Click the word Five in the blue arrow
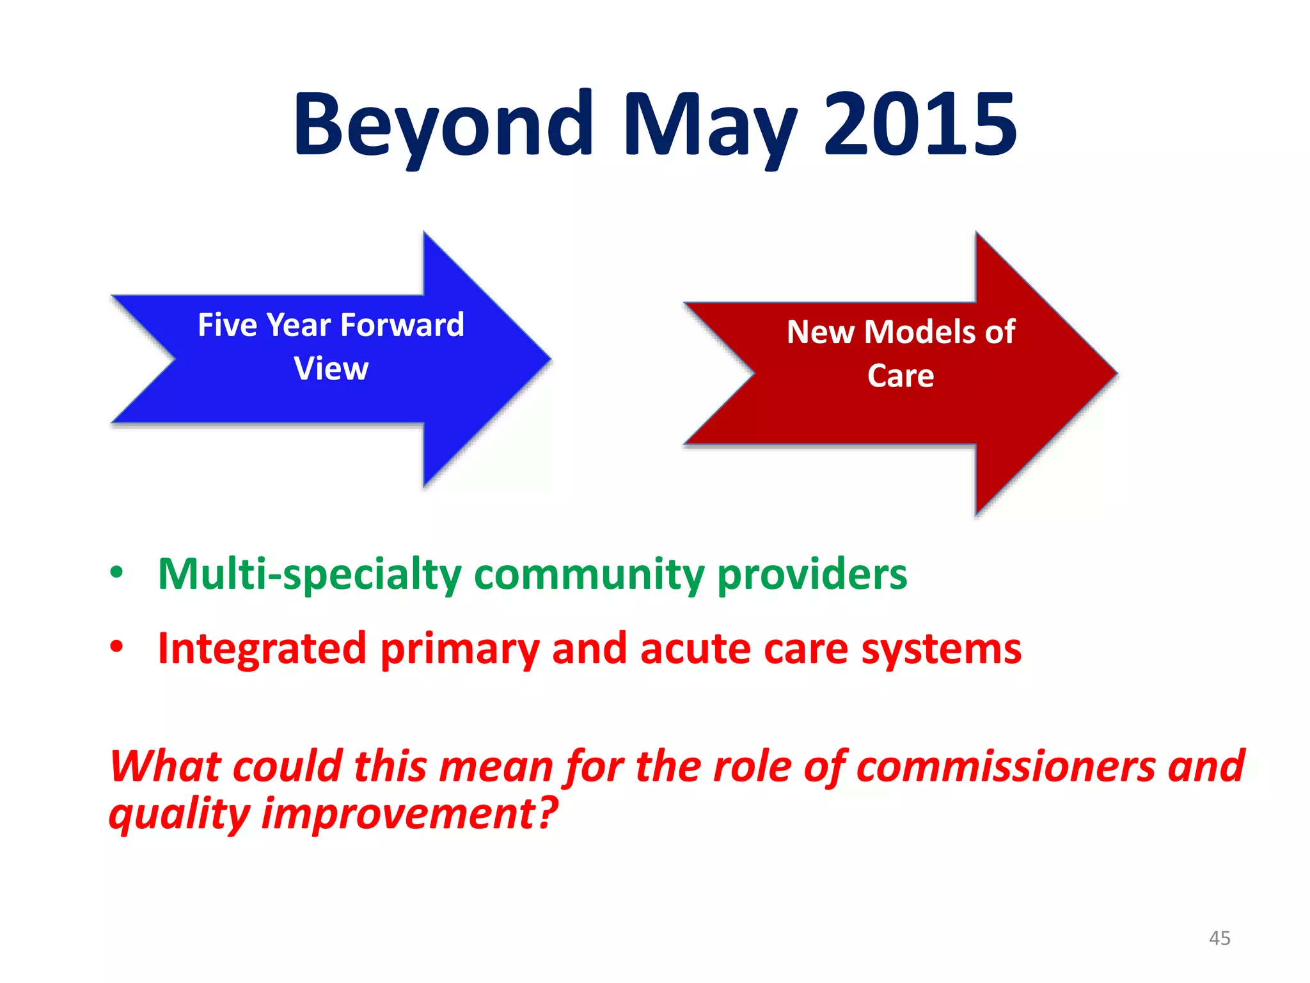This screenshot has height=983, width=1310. [227, 324]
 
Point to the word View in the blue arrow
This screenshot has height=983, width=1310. [331, 369]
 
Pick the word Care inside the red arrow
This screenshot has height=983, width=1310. [900, 376]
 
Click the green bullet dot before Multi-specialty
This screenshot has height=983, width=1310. [116, 572]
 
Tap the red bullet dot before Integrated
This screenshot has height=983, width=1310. [116, 647]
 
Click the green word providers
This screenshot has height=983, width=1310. [812, 574]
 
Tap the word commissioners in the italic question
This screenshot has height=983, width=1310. [1006, 766]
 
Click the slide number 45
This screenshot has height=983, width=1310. [1219, 938]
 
